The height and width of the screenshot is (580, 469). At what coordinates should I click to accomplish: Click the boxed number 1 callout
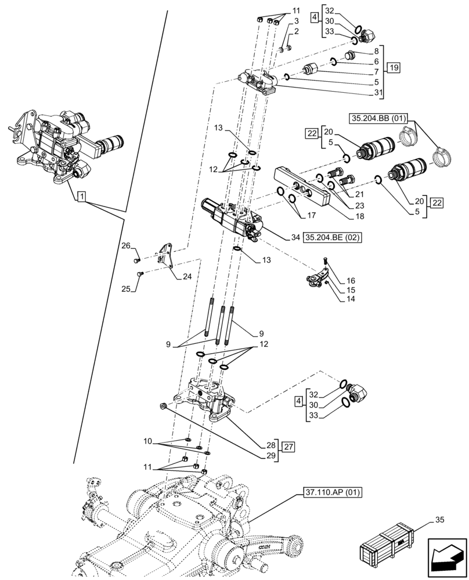81,198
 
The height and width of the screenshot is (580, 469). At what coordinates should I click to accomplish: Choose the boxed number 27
288,447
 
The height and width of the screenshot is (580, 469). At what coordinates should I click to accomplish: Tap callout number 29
270,456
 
